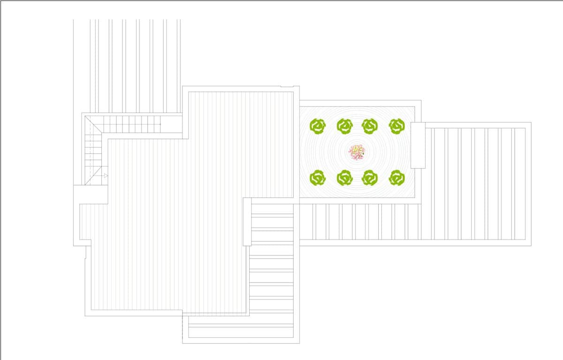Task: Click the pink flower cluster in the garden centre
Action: [x=357, y=151]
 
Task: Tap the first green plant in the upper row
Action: [x=318, y=126]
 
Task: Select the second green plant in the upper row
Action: [x=345, y=126]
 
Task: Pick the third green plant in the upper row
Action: [x=370, y=126]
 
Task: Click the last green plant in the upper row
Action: [x=397, y=126]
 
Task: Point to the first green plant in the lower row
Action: [x=318, y=178]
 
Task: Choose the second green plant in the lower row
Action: [x=345, y=178]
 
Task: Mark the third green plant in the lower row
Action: [x=370, y=178]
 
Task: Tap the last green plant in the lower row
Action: [x=397, y=178]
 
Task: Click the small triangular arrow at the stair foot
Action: [x=106, y=176]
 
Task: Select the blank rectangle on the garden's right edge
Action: [x=418, y=145]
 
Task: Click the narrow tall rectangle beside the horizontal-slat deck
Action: [x=247, y=222]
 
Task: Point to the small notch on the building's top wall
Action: [x=289, y=87]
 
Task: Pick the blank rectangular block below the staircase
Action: [x=91, y=194]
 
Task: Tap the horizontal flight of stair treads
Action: [x=131, y=124]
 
